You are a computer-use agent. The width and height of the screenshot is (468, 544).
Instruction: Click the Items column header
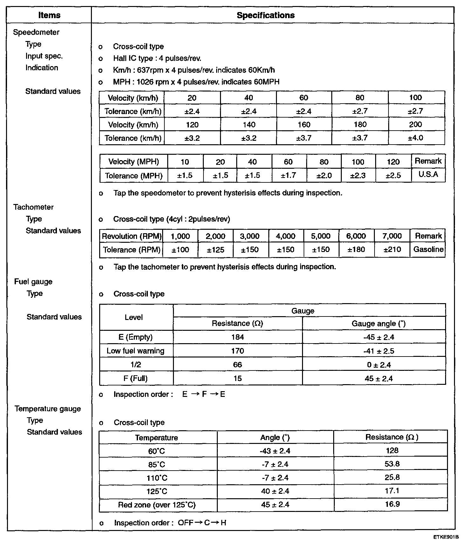(x=49, y=15)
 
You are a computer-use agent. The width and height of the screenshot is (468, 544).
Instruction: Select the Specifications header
(x=265, y=15)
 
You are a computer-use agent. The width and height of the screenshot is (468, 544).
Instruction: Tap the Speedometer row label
(x=36, y=32)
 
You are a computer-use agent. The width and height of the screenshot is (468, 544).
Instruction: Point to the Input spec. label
(x=44, y=56)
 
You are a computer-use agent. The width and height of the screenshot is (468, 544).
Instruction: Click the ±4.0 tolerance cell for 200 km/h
(x=416, y=138)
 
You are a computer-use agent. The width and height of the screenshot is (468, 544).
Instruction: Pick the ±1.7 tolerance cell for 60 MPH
(x=288, y=175)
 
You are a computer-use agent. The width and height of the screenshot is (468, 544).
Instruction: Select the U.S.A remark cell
(x=428, y=174)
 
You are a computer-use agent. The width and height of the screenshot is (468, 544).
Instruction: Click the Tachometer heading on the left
(x=33, y=207)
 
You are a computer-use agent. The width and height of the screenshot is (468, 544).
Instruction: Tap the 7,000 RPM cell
(x=392, y=236)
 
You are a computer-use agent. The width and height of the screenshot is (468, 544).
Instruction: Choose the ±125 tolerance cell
(x=215, y=250)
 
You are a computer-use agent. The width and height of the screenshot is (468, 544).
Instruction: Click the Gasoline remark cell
(x=428, y=249)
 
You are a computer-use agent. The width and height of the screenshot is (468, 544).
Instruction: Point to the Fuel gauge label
(x=33, y=282)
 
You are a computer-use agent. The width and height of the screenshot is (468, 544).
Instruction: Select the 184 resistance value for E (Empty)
(x=237, y=337)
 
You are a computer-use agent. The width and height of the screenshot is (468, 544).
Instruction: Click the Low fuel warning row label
(x=135, y=351)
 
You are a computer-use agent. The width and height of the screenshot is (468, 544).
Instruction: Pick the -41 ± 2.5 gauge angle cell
(x=378, y=351)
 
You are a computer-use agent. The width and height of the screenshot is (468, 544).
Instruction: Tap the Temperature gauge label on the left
(x=48, y=409)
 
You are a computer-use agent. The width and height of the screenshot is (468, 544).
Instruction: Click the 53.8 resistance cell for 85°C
(x=392, y=464)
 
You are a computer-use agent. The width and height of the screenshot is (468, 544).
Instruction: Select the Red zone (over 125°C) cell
(x=157, y=505)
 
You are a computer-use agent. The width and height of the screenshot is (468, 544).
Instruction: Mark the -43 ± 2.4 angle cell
(x=275, y=451)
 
